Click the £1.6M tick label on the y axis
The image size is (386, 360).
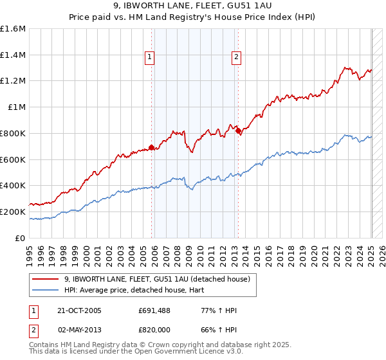click(x=13, y=29)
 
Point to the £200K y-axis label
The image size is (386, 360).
click(x=13, y=212)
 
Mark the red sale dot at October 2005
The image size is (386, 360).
click(x=152, y=148)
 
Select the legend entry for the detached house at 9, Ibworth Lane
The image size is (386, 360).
click(x=161, y=279)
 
